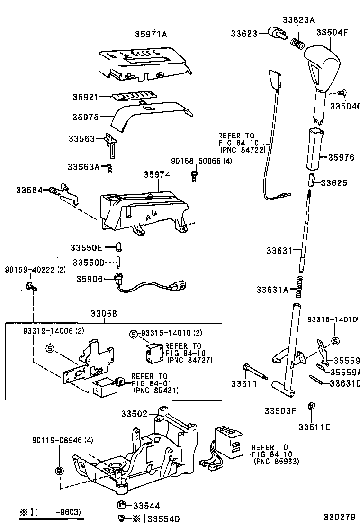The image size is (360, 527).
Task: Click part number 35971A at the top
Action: click(x=151, y=34)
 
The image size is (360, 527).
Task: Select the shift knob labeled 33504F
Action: click(x=323, y=64)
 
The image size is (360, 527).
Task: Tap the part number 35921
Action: click(x=85, y=97)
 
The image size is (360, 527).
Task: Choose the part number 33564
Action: click(x=29, y=190)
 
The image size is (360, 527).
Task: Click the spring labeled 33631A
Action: click(x=298, y=288)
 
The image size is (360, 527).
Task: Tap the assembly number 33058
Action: click(x=104, y=314)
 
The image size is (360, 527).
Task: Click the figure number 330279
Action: click(x=338, y=516)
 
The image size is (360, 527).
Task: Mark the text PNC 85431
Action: click(x=156, y=391)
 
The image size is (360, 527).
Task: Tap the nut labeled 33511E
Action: click(x=311, y=406)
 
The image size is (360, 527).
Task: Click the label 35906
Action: click(x=89, y=279)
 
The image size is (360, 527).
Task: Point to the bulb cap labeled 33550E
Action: click(x=120, y=247)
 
